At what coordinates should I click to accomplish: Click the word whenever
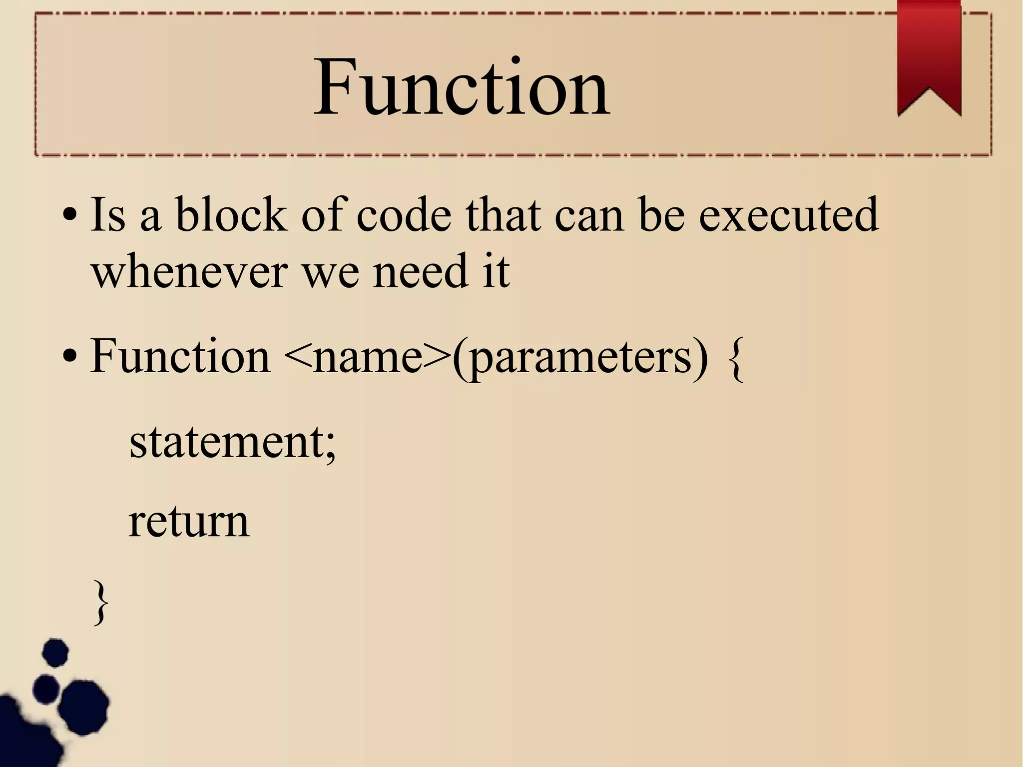190,272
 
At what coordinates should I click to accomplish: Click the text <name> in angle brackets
367,357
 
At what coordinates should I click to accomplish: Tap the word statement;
233,442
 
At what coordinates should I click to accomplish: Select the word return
189,522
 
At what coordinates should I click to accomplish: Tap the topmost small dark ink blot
55,653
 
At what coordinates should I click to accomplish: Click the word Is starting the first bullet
107,215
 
